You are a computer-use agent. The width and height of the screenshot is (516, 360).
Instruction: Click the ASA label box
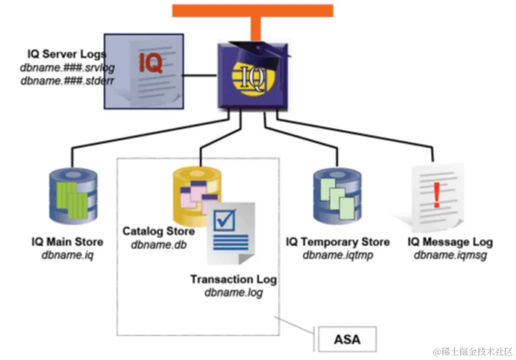point(346,339)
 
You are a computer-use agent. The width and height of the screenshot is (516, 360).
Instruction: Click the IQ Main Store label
point(67,242)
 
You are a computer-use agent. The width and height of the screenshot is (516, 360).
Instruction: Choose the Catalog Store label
point(158,231)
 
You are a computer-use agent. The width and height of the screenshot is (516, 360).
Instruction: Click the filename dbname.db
point(157,245)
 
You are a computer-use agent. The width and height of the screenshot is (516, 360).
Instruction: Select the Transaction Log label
point(233,279)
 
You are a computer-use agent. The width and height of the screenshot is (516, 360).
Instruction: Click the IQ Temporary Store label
point(337,242)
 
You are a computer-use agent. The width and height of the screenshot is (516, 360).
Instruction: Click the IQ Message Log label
point(450,242)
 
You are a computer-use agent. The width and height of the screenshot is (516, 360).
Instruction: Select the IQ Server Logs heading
point(66,54)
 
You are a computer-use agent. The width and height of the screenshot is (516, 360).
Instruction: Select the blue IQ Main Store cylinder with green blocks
point(70,195)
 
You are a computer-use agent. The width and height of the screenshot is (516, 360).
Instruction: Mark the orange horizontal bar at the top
point(252,10)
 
